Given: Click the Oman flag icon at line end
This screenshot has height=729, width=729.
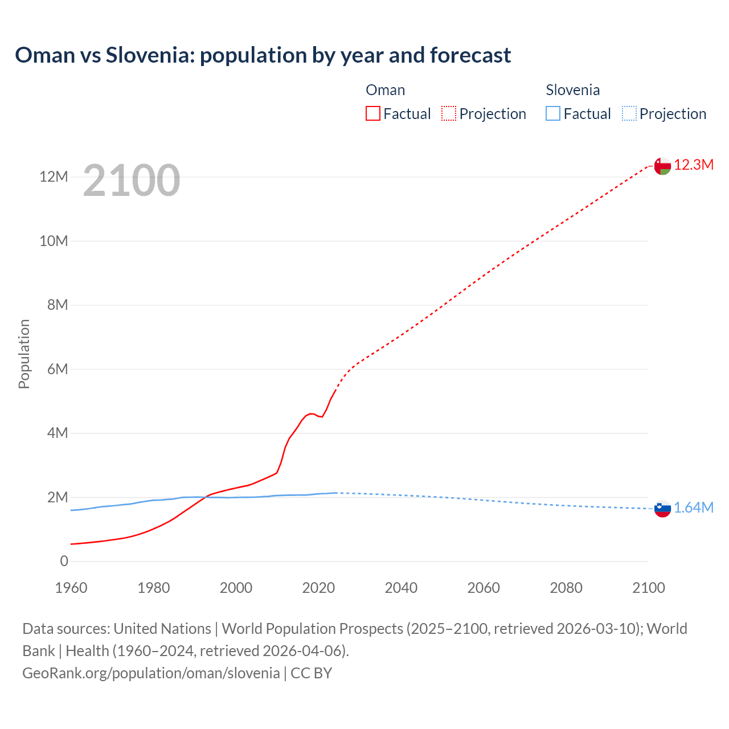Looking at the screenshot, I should tap(662, 166).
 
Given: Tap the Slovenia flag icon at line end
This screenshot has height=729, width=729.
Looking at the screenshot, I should tap(662, 509).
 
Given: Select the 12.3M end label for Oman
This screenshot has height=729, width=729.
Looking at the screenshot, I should tap(694, 165).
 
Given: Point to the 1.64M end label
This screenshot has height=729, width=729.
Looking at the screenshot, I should tap(694, 508).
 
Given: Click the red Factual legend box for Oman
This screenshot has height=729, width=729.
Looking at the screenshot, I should tap(372, 114).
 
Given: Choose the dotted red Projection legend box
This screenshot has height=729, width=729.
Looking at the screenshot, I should tap(449, 114).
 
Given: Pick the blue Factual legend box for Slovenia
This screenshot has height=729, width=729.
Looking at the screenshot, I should tap(553, 114).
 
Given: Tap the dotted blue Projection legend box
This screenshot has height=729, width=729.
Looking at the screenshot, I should tap(629, 114).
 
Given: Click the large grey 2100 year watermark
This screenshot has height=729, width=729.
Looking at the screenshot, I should tap(132, 181).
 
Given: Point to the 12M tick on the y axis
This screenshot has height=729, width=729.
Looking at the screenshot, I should tap(54, 177).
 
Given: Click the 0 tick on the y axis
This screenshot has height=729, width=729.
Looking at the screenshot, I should tap(64, 562).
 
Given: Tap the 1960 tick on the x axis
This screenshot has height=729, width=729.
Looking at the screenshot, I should tap(71, 588).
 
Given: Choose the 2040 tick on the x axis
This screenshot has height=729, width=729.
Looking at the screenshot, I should tap(401, 588).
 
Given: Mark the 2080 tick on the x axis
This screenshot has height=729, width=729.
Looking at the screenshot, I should tap(566, 588).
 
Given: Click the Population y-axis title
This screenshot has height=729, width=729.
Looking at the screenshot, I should tap(24, 354).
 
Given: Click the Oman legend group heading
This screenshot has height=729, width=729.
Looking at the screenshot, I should tap(386, 90).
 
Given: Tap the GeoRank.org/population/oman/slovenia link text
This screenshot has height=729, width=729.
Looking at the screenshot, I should tap(151, 673).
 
